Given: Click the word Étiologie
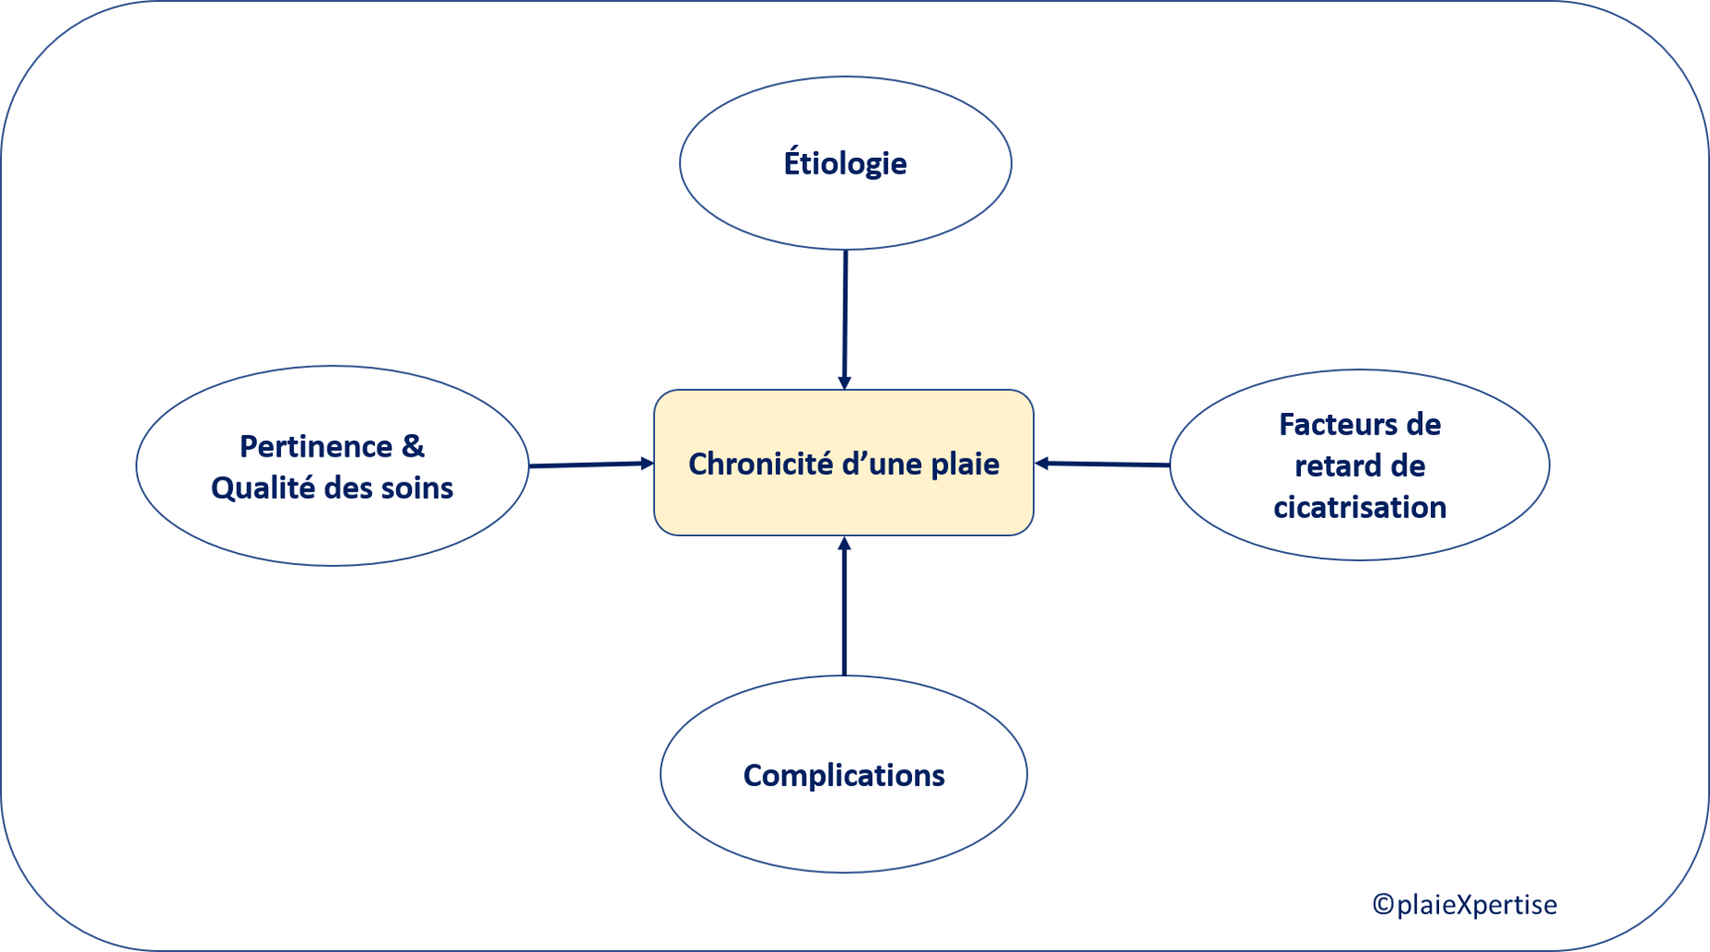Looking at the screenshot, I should coord(845,163).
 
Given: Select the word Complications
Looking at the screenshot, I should coord(843,775).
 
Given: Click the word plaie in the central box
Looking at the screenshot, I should coord(965,464).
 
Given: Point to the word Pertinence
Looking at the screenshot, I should coord(315,446).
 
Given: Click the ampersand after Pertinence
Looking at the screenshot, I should coord(413,446).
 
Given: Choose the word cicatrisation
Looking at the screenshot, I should coord(1359,507).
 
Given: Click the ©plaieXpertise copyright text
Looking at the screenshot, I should coord(1465,904).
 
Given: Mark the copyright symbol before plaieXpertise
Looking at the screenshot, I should coord(1382,904).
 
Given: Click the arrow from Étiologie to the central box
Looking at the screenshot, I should coord(845,315).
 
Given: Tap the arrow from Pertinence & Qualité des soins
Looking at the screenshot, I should coord(589,464).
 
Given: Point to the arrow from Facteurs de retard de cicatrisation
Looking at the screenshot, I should coord(1104,463).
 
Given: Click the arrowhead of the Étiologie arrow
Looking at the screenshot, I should coord(844,382).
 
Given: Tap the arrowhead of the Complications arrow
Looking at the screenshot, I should coord(844,544).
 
